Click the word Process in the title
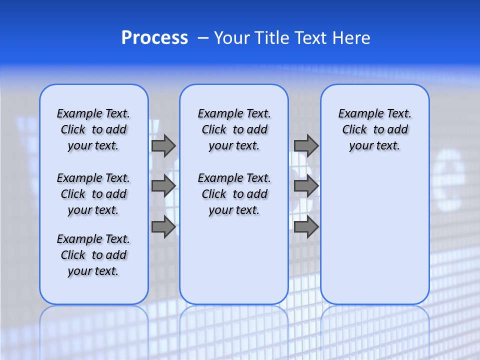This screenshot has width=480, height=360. (154, 38)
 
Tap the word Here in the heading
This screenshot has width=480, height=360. (352, 38)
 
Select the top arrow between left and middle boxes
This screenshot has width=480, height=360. (163, 145)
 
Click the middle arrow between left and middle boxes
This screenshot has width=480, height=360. (163, 186)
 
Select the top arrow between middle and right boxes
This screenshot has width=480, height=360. (306, 145)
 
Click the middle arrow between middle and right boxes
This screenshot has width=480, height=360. (306, 186)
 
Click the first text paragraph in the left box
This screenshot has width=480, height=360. (93, 129)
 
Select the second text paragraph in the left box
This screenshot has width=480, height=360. (93, 194)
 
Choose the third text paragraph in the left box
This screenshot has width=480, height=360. (93, 255)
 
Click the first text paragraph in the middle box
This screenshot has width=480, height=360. (234, 129)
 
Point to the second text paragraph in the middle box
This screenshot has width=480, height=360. (234, 194)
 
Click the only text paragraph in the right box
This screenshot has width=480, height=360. (375, 129)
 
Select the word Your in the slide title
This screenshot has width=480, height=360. (231, 38)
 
